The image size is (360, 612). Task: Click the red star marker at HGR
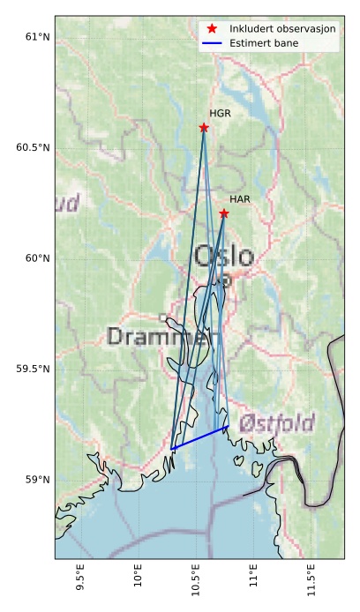click(x=204, y=128)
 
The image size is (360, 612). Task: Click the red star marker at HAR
click(x=224, y=213)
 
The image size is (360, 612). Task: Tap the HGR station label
click(x=220, y=114)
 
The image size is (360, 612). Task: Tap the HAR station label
click(x=240, y=200)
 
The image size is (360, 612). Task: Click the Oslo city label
click(x=223, y=257)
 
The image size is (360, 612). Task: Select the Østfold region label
click(x=277, y=422)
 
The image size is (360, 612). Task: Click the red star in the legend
click(x=212, y=29)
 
